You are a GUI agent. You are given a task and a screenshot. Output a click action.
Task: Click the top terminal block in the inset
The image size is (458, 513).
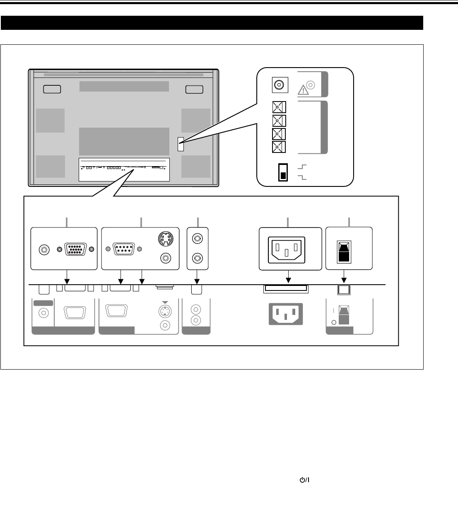pos(279,108)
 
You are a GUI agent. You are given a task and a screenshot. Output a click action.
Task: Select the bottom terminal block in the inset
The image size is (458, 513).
pos(279,147)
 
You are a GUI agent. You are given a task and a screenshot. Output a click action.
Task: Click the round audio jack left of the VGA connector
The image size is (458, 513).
pos(43,249)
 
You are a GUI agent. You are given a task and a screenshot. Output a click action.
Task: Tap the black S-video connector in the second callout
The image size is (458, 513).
pos(166,239)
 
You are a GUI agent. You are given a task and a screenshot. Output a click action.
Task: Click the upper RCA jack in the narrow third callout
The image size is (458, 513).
pos(198,239)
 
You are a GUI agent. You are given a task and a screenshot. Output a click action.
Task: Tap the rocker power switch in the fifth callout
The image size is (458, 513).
pos(344,252)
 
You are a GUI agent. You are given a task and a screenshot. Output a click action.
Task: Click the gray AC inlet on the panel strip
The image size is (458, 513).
pos(286,314)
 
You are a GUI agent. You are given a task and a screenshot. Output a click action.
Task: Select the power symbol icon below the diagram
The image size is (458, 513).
pos(305,479)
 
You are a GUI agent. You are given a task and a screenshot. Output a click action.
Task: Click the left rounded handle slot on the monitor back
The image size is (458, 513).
pos(52,89)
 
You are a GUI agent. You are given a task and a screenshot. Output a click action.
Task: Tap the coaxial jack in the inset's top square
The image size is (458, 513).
pos(279,85)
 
